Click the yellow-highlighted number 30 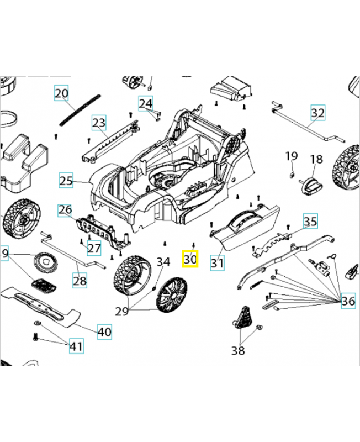click(190, 259)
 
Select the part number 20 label click(61, 93)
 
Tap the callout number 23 click(98, 122)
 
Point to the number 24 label click(145, 103)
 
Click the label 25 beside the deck click(66, 181)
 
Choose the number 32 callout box click(318, 113)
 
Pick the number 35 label click(311, 222)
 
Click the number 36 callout click(348, 301)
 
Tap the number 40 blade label click(104, 332)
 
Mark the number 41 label click(76, 346)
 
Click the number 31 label click(217, 264)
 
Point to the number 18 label click(315, 160)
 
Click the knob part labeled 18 click(311, 185)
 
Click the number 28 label click(80, 281)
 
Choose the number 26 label click(65, 210)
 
